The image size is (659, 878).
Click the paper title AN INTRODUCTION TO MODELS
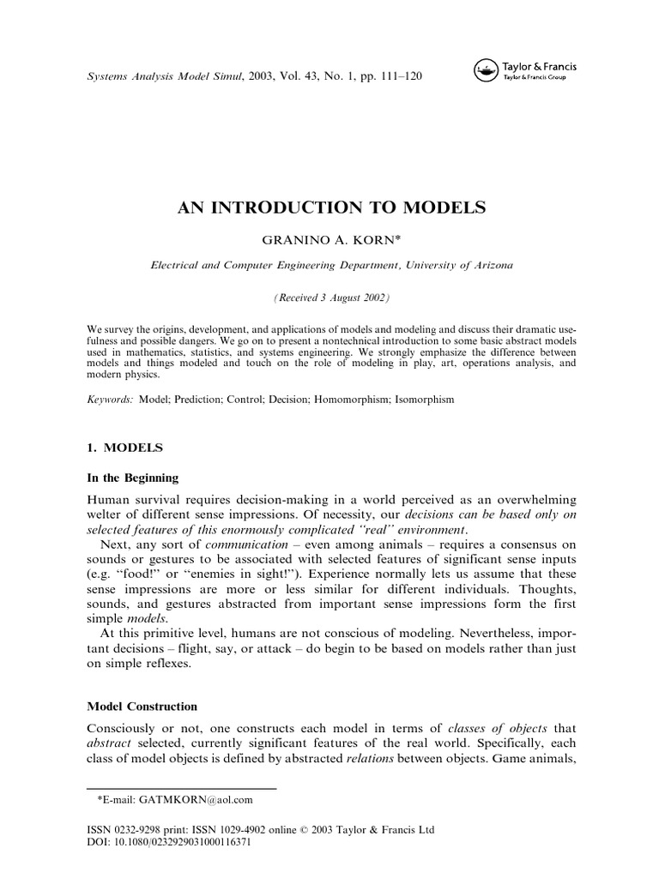(331, 207)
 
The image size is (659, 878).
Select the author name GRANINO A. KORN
(331, 242)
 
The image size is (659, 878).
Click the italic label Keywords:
(111, 400)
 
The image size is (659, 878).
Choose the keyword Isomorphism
(421, 400)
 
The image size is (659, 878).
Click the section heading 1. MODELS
(125, 448)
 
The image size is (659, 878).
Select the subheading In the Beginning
(133, 478)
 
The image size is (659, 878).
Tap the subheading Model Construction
(142, 707)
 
